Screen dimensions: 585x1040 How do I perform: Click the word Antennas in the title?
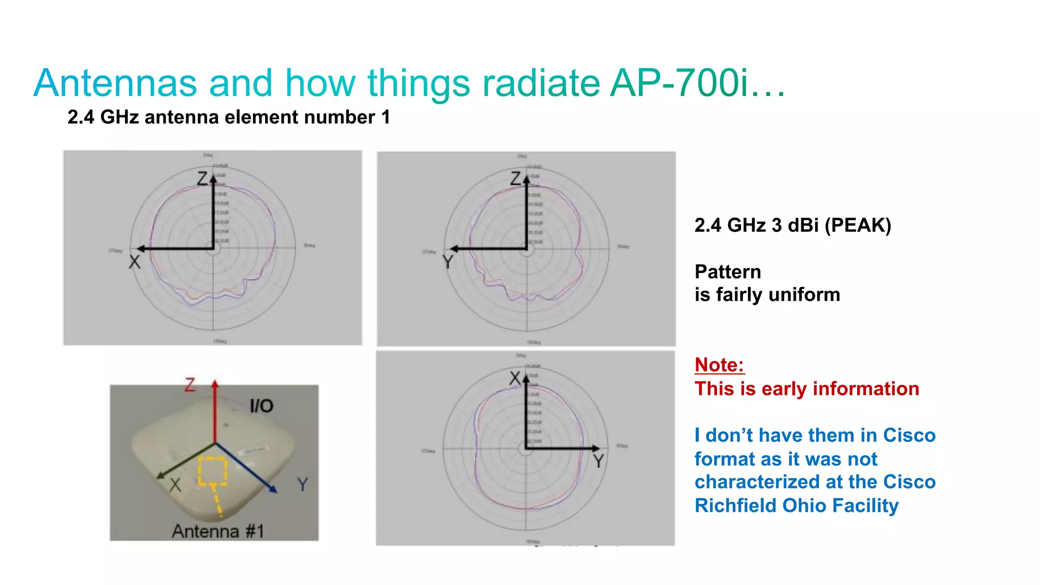[115, 83]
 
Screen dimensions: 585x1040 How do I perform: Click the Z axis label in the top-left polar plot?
[203, 179]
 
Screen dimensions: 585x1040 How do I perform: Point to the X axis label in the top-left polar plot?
[134, 262]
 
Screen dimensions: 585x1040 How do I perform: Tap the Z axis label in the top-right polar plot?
[516, 179]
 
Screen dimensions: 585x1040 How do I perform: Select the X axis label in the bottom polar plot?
[515, 378]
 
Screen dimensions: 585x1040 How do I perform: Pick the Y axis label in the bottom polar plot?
[599, 461]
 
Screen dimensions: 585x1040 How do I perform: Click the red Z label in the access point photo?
[190, 385]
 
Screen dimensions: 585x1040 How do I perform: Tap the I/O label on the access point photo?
[262, 406]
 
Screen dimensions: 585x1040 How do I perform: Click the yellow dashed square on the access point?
[212, 470]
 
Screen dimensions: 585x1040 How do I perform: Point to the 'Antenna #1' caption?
[218, 531]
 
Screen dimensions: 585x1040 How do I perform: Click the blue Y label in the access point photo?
[303, 484]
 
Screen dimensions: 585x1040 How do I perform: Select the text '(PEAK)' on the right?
[858, 225]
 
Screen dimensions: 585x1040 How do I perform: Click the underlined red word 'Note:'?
[719, 365]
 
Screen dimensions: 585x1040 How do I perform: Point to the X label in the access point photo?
[175, 485]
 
